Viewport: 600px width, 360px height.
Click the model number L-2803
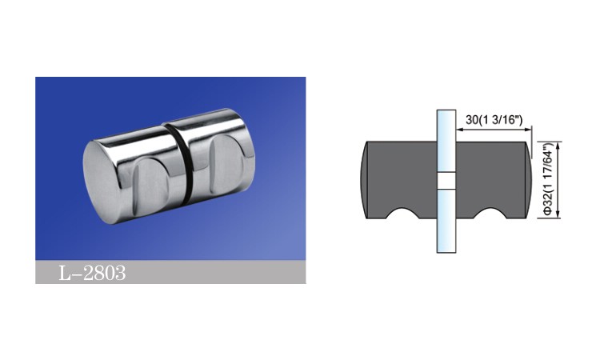(x=92, y=273)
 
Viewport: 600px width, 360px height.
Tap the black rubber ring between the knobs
(x=185, y=162)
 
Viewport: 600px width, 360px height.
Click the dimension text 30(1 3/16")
(x=494, y=120)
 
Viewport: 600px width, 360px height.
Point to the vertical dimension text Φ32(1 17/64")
(x=548, y=180)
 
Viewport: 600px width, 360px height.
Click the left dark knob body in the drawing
(x=399, y=178)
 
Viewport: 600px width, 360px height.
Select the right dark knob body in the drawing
(x=494, y=178)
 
